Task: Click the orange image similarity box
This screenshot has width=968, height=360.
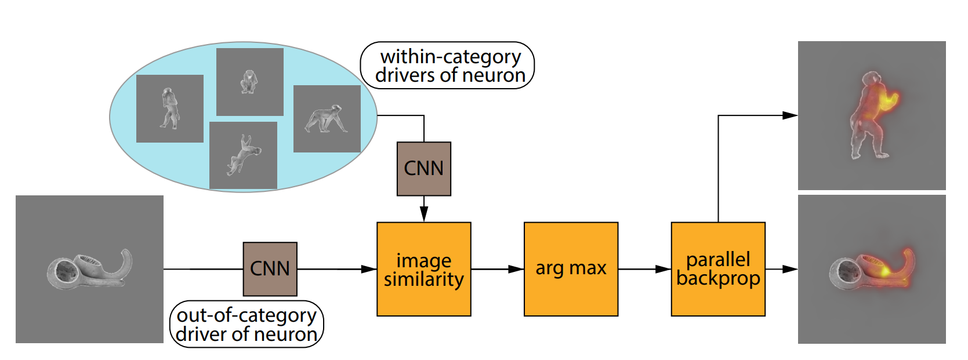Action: coord(423,269)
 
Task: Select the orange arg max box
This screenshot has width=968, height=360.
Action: coord(571,269)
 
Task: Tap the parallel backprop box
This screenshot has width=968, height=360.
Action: coord(718,269)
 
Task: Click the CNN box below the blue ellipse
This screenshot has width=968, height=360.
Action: coord(424,169)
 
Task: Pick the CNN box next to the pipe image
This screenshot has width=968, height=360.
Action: coord(270,269)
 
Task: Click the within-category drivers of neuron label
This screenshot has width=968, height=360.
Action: coord(447,66)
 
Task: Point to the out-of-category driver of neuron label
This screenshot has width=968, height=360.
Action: coord(246,324)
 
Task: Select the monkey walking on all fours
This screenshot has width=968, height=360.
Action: coord(326,119)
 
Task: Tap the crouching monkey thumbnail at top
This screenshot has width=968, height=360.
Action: coord(249,82)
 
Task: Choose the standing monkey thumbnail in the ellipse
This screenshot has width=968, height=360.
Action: coord(169,108)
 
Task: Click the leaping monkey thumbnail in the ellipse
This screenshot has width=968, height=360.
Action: coord(243,154)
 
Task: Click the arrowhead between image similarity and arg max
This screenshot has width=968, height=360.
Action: coord(516,269)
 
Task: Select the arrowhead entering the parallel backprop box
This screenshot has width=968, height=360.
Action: coord(664,269)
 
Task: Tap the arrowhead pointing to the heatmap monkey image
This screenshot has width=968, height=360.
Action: coord(790,115)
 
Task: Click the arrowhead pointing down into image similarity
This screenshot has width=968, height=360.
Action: coord(424,214)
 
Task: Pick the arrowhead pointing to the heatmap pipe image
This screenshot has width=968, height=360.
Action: coord(790,269)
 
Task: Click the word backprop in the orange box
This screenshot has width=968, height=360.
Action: coord(718,279)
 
